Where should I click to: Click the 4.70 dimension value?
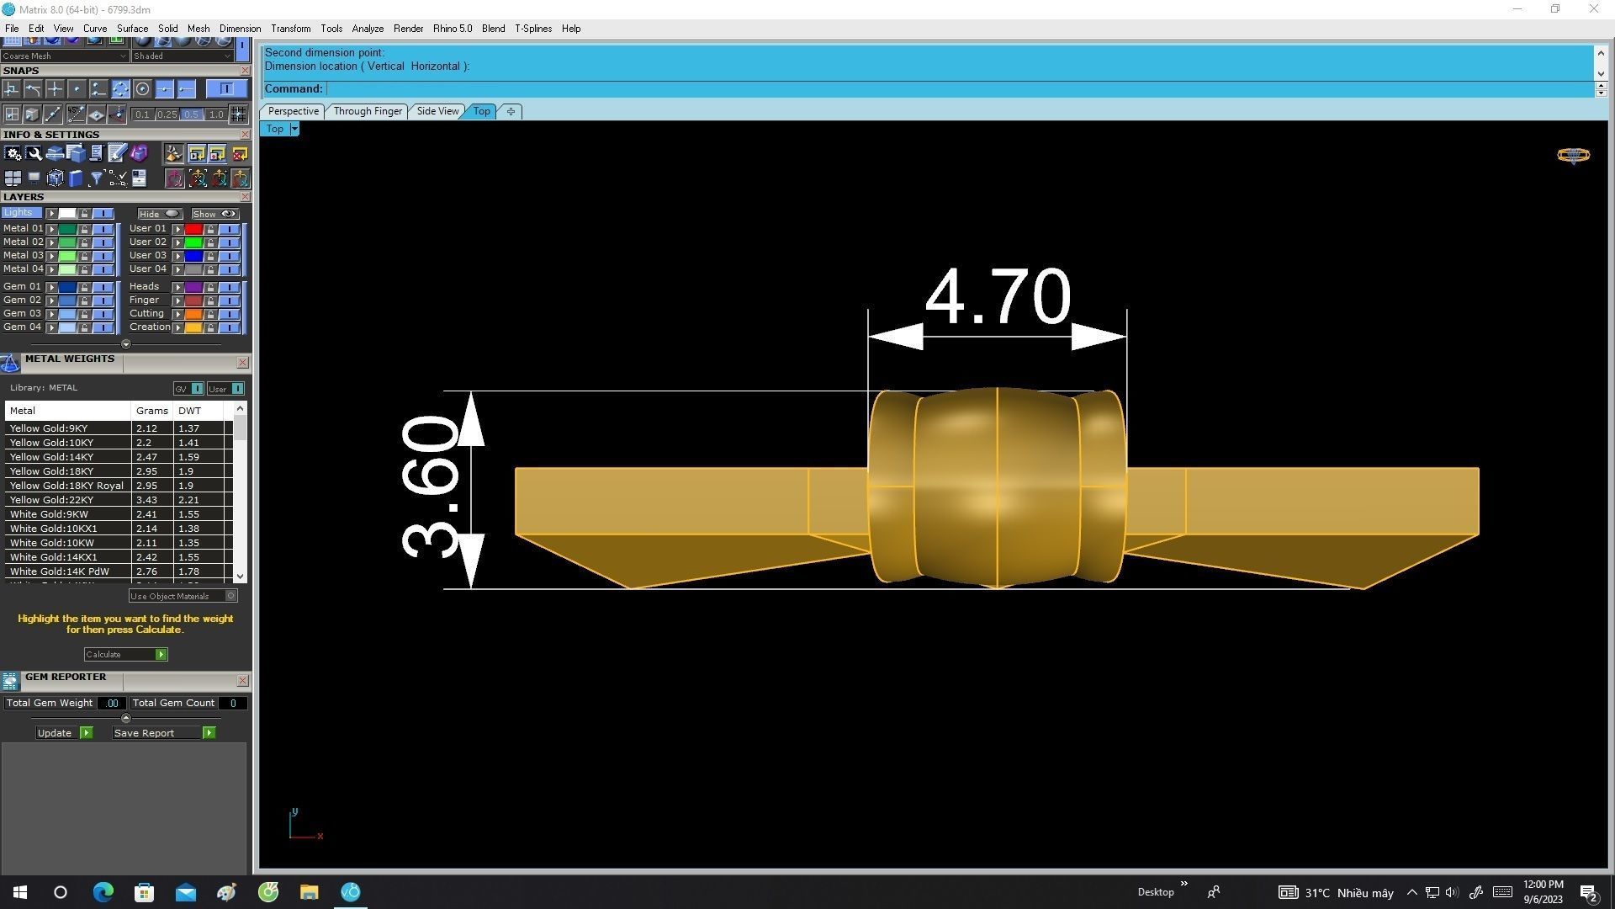(x=998, y=297)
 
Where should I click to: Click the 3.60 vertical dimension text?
(x=431, y=488)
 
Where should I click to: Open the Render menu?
(x=408, y=29)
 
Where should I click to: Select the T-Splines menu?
(x=532, y=29)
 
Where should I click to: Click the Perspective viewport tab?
(x=293, y=111)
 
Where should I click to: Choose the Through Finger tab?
(x=368, y=111)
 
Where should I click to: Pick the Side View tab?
(x=437, y=111)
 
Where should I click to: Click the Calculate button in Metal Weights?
(x=125, y=655)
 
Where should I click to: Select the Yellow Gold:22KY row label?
(x=51, y=500)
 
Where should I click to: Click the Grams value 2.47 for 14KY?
(x=146, y=457)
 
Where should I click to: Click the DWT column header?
(x=190, y=411)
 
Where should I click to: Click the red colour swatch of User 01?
(x=193, y=229)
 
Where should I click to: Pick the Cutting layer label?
(x=146, y=313)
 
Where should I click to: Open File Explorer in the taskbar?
(x=309, y=892)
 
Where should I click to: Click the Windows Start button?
(x=20, y=892)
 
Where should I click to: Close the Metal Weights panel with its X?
(x=243, y=363)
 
